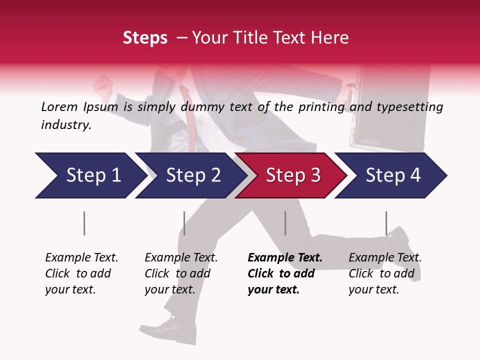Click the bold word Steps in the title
(x=145, y=38)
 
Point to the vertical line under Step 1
(x=84, y=223)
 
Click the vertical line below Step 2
(x=184, y=223)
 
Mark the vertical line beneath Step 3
(x=285, y=223)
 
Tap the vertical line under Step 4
(x=386, y=223)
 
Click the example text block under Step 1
(x=81, y=273)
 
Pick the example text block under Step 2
(x=180, y=273)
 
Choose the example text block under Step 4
(x=384, y=273)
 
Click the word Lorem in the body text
(x=59, y=107)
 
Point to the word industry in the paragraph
(x=65, y=125)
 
